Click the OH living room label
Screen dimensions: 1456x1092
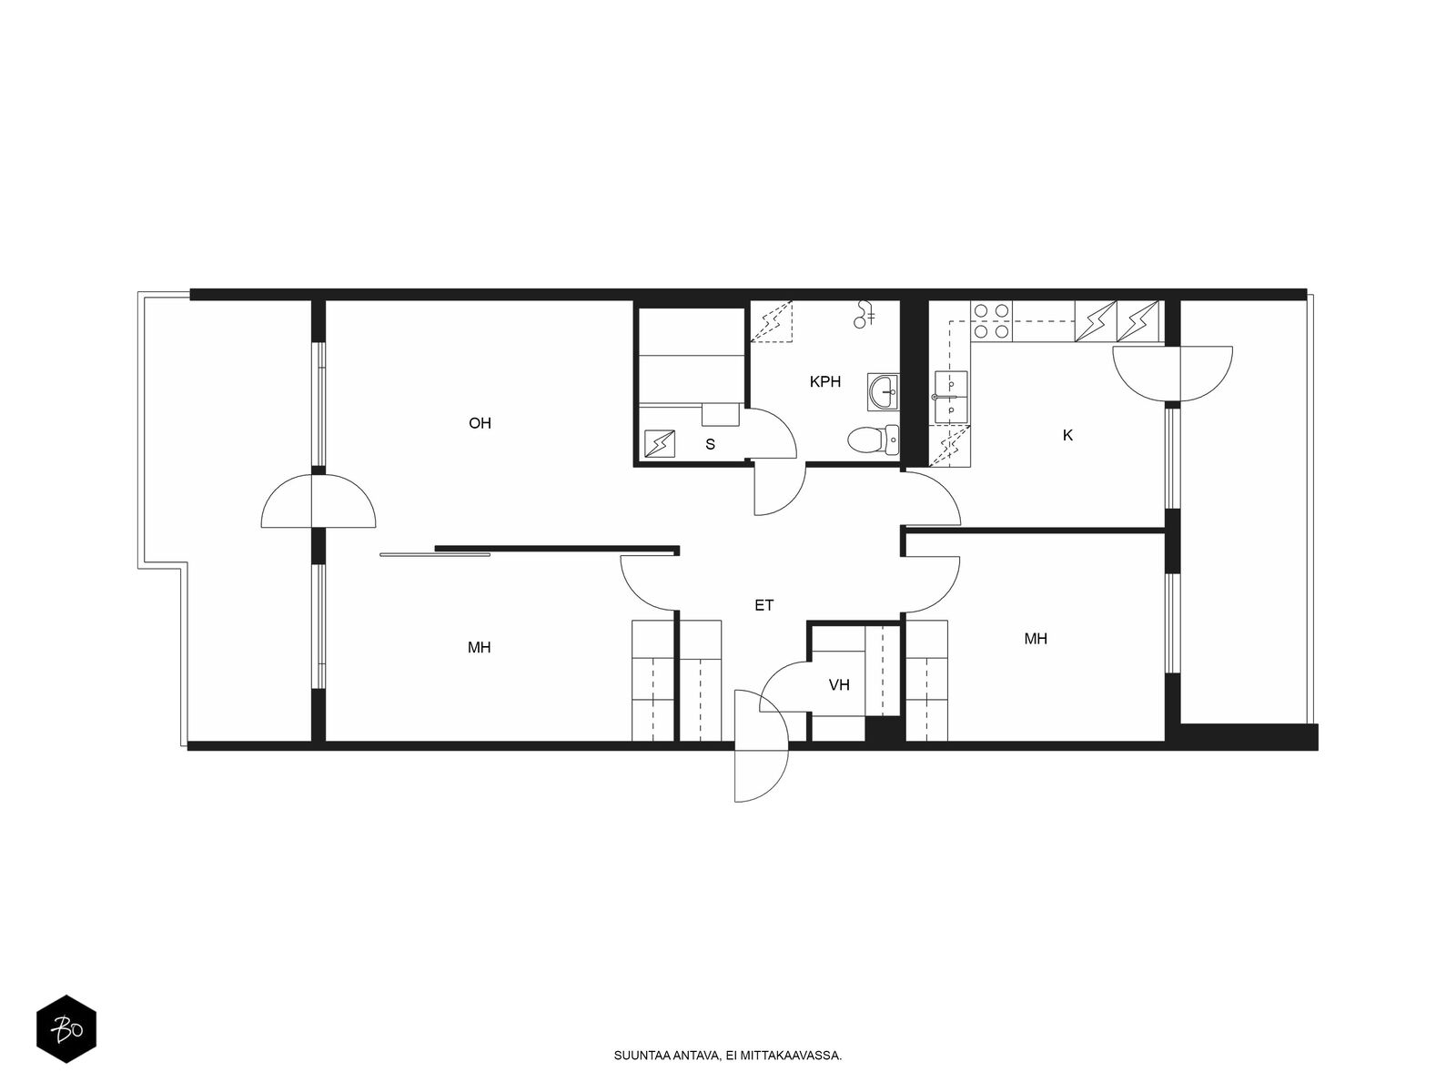(x=480, y=423)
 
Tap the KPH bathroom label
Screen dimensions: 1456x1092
(x=825, y=382)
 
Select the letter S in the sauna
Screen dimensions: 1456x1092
(x=711, y=444)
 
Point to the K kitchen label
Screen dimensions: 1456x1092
(x=1067, y=435)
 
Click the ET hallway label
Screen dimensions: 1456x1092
(x=764, y=605)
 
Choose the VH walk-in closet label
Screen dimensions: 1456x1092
(x=839, y=685)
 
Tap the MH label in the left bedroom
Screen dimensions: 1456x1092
(x=479, y=647)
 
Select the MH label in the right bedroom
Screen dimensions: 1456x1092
(x=1036, y=639)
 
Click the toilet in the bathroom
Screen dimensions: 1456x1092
(x=873, y=439)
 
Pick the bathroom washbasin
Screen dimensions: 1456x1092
(x=883, y=390)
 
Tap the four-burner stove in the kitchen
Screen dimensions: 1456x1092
(x=991, y=321)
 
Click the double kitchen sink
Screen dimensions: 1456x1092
(x=951, y=397)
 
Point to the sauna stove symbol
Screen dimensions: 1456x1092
(x=660, y=443)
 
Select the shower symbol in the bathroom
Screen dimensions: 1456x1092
(x=864, y=314)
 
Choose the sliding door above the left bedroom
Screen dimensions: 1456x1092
(x=435, y=554)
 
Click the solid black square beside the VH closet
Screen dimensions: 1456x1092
(x=882, y=728)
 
